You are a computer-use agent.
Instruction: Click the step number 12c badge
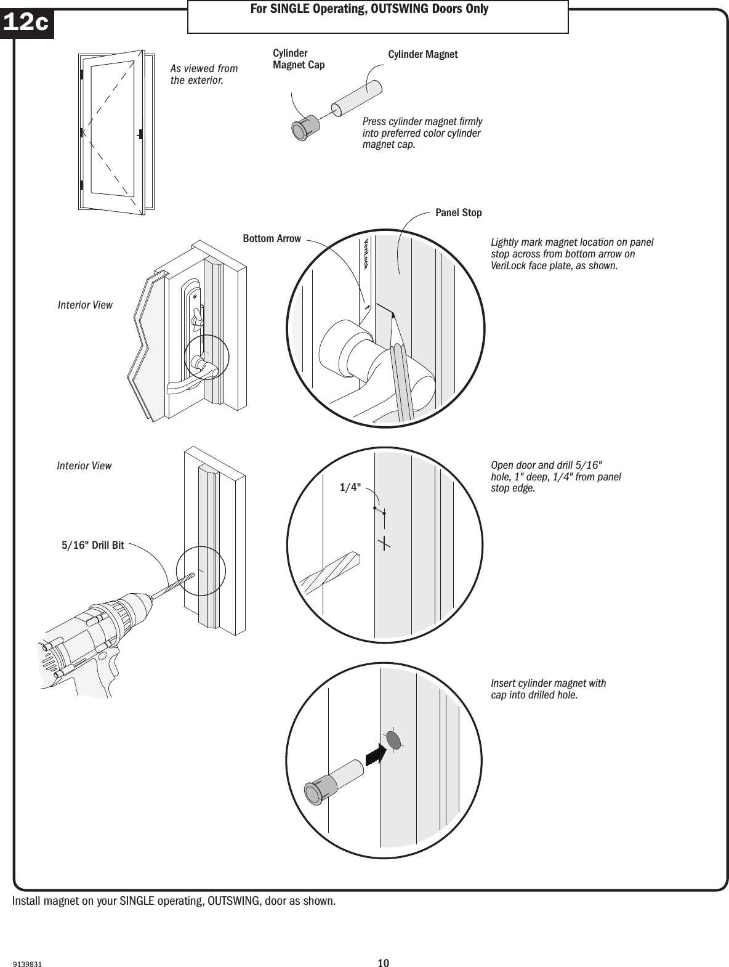26,23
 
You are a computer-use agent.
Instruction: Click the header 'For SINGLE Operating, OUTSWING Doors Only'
377,9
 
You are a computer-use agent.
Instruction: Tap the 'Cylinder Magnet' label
423,55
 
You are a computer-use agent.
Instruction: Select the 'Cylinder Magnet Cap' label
298,60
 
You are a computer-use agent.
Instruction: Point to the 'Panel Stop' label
458,212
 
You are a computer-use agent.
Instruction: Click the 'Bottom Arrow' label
272,238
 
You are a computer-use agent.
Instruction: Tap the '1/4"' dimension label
350,487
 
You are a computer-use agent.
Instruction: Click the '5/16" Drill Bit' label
92,545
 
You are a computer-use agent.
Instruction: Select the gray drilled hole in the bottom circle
393,740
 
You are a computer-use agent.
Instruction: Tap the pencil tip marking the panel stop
393,315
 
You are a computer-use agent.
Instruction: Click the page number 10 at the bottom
384,946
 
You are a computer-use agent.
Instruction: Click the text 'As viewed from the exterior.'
204,75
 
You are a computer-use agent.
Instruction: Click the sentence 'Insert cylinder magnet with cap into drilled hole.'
548,689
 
